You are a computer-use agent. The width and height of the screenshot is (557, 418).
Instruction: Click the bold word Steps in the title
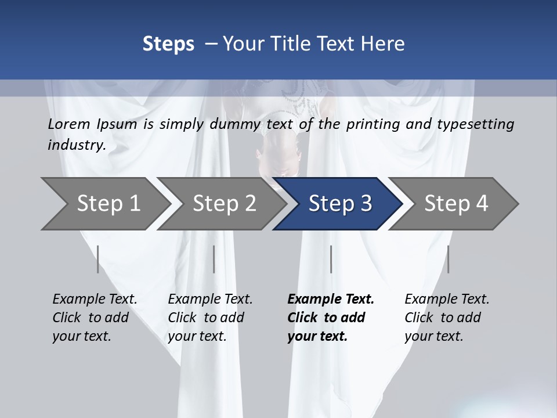point(168,44)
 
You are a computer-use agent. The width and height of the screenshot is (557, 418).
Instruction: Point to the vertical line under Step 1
point(98,259)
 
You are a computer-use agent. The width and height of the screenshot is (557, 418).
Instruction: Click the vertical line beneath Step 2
point(214,259)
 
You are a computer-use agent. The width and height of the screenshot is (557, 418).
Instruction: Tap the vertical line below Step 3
point(331,259)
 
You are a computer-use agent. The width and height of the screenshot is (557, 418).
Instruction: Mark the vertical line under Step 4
point(449,259)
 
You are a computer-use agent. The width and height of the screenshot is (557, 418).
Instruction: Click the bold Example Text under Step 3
point(330,318)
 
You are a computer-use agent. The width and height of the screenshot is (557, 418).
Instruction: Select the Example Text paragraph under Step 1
point(95,318)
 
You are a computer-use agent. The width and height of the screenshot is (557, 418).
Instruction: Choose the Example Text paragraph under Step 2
point(210,318)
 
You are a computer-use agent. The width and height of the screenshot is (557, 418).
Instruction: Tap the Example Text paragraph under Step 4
point(447,318)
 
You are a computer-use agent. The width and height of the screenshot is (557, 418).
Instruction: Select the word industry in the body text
point(75,145)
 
